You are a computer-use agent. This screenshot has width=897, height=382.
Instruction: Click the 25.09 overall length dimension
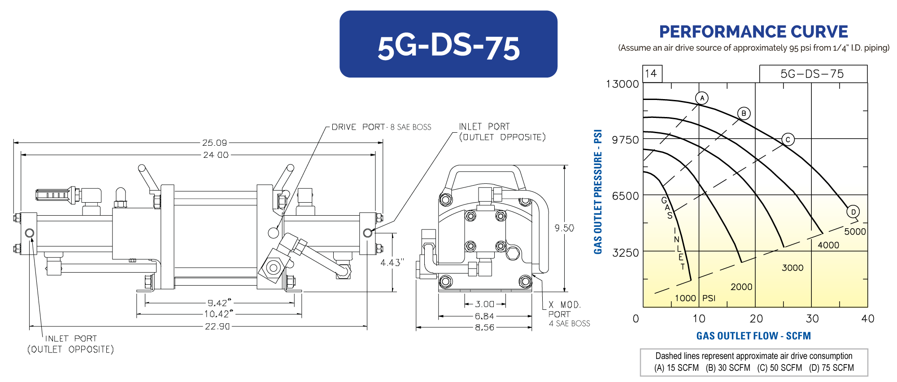214,143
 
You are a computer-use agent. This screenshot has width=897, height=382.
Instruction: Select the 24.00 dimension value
216,155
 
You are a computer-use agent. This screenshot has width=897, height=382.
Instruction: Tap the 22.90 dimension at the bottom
217,326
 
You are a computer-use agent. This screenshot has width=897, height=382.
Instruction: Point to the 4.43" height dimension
392,262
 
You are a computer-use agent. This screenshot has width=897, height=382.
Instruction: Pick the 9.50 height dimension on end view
564,228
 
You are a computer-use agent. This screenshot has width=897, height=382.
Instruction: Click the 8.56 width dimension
484,327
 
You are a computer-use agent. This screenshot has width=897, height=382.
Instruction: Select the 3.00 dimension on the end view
484,304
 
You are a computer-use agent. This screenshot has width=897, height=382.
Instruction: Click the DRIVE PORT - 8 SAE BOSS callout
381,127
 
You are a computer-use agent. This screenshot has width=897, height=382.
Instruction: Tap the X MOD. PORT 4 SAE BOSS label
568,314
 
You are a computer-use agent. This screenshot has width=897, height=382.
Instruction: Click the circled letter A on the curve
702,98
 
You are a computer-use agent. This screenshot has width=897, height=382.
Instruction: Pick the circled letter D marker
853,212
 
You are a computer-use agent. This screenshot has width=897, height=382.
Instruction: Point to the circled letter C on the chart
788,139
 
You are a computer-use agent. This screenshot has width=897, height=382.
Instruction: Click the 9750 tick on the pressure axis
625,140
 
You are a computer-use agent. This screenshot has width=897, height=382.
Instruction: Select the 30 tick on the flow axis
812,319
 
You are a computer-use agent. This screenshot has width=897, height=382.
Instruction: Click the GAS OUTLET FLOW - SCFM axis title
753,336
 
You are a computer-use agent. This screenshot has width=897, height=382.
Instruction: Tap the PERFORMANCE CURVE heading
753,32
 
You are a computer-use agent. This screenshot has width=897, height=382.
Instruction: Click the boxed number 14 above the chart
651,74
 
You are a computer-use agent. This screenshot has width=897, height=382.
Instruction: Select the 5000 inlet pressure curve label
855,232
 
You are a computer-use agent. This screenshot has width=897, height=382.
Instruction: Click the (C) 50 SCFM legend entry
779,368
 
